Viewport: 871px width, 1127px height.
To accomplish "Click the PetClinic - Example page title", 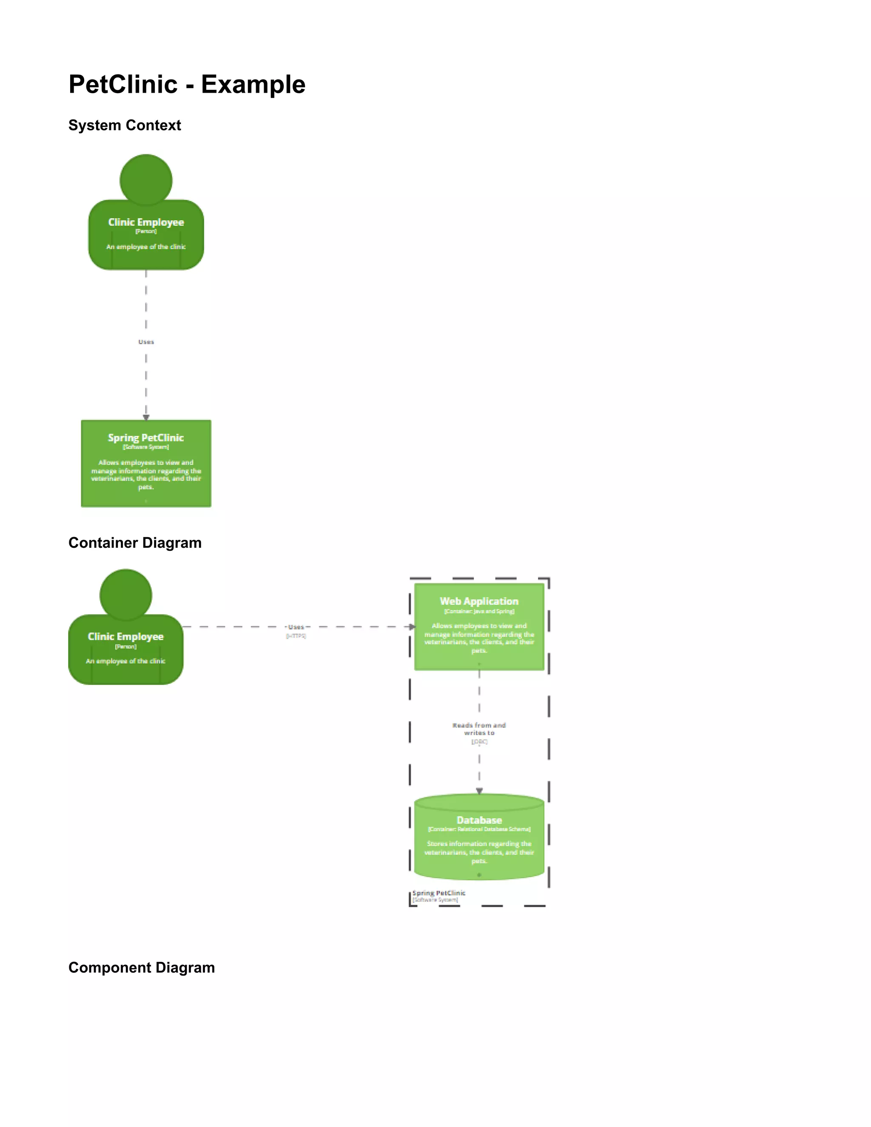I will (187, 84).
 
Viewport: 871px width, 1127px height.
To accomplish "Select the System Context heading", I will (124, 125).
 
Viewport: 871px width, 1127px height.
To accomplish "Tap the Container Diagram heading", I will (135, 543).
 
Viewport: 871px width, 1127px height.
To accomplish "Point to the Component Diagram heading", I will (141, 968).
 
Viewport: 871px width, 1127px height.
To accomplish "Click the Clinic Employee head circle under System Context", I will (146, 180).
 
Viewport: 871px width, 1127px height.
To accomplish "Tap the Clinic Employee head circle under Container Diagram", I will (126, 595).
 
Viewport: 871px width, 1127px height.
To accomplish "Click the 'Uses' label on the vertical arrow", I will (146, 342).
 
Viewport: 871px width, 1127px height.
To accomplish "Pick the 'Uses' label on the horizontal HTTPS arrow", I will (296, 627).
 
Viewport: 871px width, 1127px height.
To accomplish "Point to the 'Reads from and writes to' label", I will (479, 729).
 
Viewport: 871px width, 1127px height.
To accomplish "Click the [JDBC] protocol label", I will (479, 742).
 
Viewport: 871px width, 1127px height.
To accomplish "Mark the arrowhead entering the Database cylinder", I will (479, 791).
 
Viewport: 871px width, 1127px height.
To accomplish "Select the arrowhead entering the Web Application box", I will (412, 627).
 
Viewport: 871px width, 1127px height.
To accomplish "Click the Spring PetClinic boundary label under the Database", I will (438, 893).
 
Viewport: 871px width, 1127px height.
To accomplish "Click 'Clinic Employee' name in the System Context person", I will (146, 222).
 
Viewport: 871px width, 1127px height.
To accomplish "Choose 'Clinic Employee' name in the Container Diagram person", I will (126, 637).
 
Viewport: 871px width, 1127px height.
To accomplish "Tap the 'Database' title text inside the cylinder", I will (479, 820).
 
